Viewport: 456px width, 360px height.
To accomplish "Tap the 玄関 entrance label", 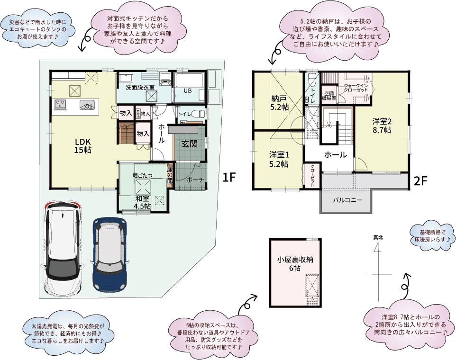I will [188, 144].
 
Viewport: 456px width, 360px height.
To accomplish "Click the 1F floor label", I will [229, 178].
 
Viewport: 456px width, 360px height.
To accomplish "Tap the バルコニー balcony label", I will [347, 200].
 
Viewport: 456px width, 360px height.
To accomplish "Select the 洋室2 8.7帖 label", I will [382, 125].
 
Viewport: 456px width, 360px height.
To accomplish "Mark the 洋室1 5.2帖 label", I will [279, 160].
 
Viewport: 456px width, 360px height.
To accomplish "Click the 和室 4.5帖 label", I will [142, 202].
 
